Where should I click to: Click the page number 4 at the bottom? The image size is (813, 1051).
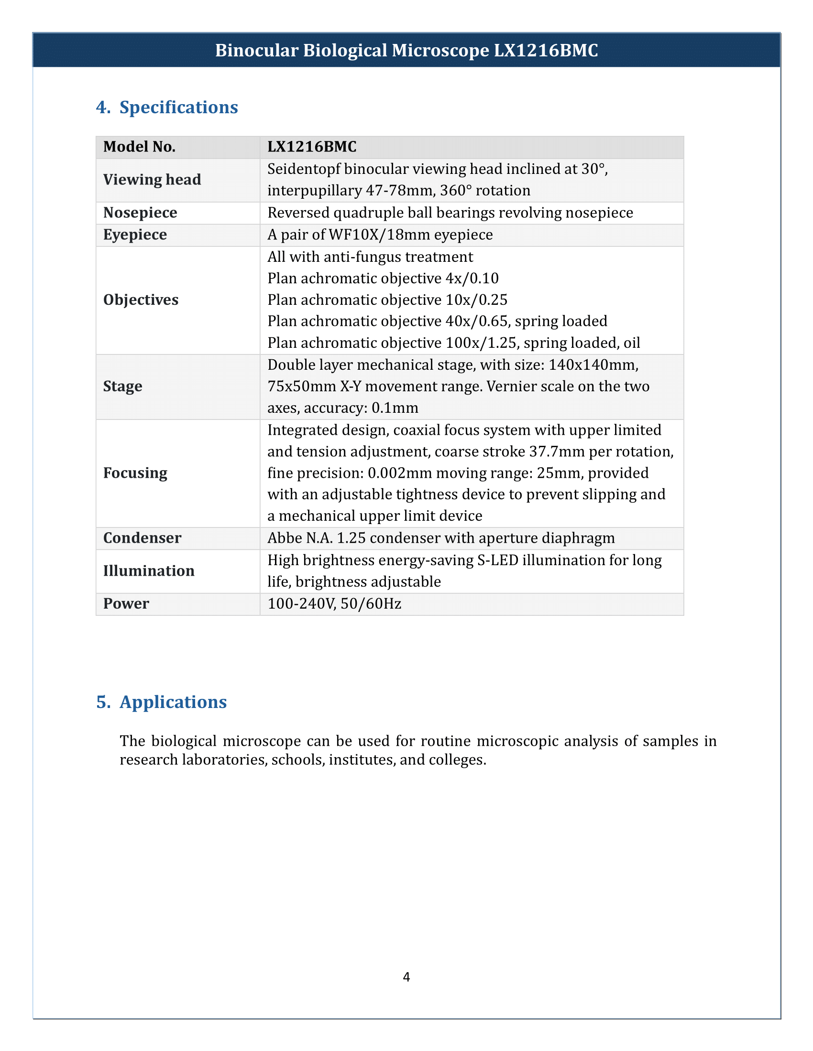tap(406, 976)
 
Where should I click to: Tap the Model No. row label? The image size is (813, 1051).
tap(139, 147)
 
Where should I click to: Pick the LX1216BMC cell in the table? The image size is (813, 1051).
tap(312, 147)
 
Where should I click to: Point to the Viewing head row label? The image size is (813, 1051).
tap(152, 180)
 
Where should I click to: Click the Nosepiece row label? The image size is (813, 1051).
tap(140, 213)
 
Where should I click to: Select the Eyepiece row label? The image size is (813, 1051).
tap(135, 235)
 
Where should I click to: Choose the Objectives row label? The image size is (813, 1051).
tap(141, 300)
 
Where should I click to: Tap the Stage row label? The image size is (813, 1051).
tap(122, 386)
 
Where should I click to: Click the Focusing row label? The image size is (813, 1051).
tap(135, 473)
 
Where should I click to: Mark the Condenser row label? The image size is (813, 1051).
tap(142, 538)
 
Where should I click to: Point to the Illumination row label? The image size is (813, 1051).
tap(148, 571)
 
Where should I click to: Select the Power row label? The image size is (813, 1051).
tap(126, 603)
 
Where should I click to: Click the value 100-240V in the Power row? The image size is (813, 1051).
tap(301, 603)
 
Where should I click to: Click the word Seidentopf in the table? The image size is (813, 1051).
tap(303, 169)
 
